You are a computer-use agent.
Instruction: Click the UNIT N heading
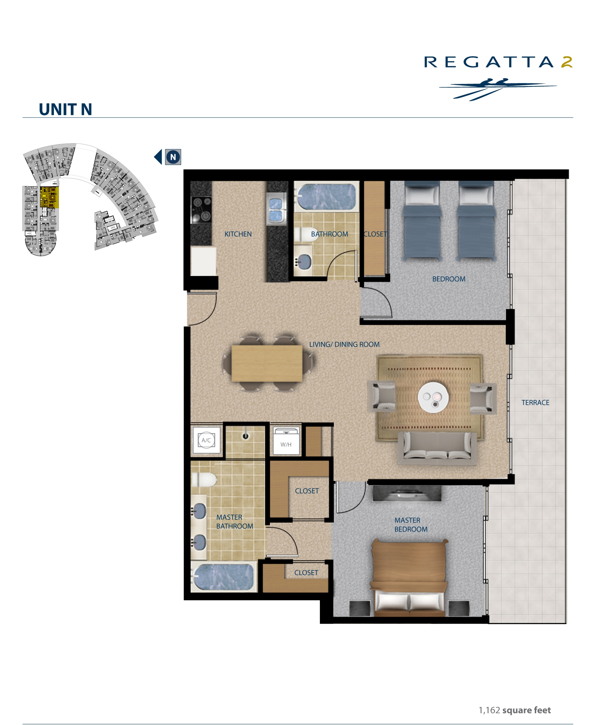pyautogui.click(x=65, y=109)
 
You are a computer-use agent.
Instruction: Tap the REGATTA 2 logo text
pyautogui.click(x=498, y=62)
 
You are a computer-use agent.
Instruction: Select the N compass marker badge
pyautogui.click(x=173, y=157)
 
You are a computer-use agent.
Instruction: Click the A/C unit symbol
pyautogui.click(x=206, y=440)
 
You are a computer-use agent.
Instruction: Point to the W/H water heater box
pyautogui.click(x=286, y=441)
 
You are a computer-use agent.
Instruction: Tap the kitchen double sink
pyautogui.click(x=276, y=209)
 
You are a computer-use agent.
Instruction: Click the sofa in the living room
pyautogui.click(x=437, y=447)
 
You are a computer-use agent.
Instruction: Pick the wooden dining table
pyautogui.click(x=267, y=363)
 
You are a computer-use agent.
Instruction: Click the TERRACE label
pyautogui.click(x=535, y=403)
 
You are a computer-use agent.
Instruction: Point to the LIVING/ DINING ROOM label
pyautogui.click(x=344, y=344)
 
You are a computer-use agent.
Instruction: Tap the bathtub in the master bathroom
pyautogui.click(x=224, y=577)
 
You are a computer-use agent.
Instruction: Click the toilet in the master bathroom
pyautogui.click(x=204, y=479)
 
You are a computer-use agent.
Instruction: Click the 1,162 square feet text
pyautogui.click(x=515, y=710)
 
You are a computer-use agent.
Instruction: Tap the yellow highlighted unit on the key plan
pyautogui.click(x=49, y=197)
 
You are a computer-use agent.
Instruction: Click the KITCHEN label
pyautogui.click(x=238, y=234)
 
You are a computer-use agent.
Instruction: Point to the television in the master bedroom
pyautogui.click(x=407, y=493)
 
